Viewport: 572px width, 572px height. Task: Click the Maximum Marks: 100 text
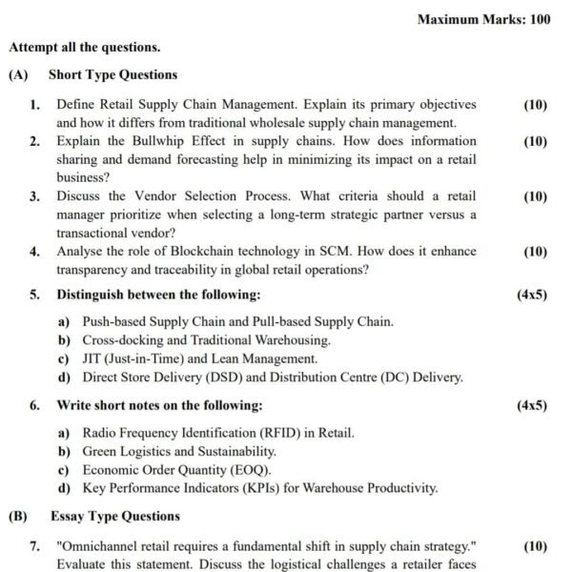click(483, 19)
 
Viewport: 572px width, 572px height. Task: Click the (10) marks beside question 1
click(536, 104)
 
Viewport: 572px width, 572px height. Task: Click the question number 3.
click(34, 196)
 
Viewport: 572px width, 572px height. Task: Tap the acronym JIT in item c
click(92, 358)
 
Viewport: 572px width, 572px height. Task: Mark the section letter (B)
click(17, 517)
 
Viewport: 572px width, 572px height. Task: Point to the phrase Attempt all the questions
click(84, 46)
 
